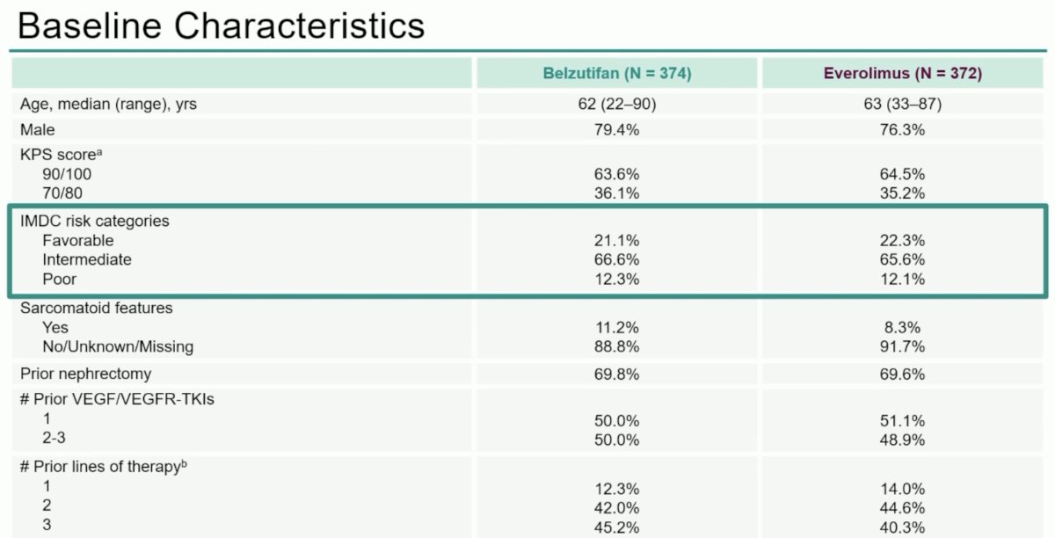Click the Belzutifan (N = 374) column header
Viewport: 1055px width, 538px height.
click(x=617, y=74)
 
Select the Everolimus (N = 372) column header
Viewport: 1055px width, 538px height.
click(x=902, y=74)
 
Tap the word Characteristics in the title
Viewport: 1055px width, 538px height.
click(x=300, y=25)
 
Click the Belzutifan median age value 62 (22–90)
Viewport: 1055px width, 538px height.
click(x=617, y=104)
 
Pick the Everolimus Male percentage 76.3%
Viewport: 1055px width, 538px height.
click(x=902, y=129)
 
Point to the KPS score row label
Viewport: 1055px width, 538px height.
click(x=62, y=155)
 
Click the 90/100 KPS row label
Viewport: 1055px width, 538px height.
click(x=67, y=174)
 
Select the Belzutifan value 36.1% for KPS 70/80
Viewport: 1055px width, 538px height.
click(x=616, y=193)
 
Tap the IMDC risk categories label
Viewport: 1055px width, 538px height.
click(x=94, y=221)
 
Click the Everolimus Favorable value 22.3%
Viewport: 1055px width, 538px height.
click(x=902, y=241)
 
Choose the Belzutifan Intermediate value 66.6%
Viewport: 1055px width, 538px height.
click(x=616, y=259)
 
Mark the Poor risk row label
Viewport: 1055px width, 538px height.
click(x=60, y=279)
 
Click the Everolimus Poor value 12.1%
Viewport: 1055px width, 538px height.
click(x=902, y=280)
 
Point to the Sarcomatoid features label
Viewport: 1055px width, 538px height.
click(x=96, y=308)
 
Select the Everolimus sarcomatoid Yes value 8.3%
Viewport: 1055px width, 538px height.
click(x=902, y=327)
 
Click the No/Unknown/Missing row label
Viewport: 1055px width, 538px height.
click(x=118, y=346)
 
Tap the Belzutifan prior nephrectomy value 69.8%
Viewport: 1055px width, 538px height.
click(x=616, y=374)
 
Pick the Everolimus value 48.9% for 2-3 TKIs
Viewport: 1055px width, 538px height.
click(x=902, y=440)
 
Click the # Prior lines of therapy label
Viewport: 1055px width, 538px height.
click(x=103, y=467)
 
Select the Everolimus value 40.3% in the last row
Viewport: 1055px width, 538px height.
click(x=902, y=527)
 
